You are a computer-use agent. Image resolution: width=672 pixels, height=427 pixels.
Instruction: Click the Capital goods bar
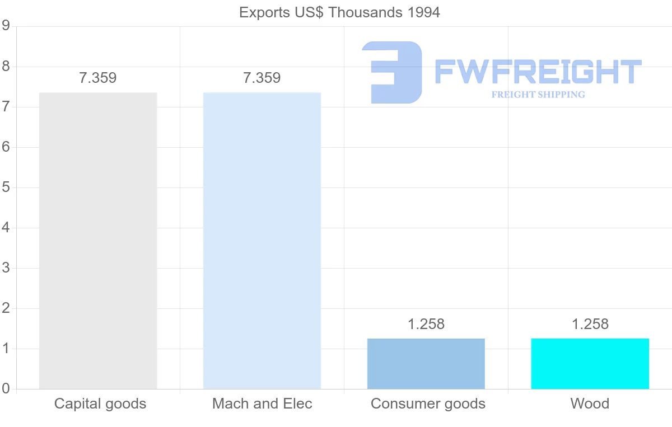click(x=98, y=241)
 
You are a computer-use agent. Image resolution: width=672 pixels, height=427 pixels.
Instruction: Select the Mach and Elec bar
click(x=262, y=241)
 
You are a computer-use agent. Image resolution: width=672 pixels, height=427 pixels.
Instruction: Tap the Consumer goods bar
click(x=426, y=364)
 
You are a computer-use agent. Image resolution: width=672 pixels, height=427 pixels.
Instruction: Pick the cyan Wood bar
click(x=590, y=364)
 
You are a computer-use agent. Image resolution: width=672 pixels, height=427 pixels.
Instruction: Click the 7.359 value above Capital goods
click(x=98, y=78)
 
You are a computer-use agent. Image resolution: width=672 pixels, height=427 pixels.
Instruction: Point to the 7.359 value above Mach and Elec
click(x=262, y=78)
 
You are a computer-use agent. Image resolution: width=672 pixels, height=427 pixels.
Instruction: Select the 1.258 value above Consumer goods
click(x=426, y=324)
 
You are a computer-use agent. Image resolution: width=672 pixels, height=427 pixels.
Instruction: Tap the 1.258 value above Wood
click(x=590, y=324)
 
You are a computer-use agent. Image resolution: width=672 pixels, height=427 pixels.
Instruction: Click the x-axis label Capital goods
click(x=100, y=403)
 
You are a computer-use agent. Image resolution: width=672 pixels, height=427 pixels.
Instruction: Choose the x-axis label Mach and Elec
click(x=262, y=403)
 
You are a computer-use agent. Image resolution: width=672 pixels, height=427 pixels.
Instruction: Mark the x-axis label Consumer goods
click(x=428, y=403)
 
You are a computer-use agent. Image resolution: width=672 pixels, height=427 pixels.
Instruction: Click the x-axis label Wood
click(x=590, y=403)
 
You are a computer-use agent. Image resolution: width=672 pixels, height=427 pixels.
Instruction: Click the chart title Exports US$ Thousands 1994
click(x=339, y=12)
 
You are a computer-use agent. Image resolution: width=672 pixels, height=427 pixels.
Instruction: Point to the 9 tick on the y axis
click(x=6, y=26)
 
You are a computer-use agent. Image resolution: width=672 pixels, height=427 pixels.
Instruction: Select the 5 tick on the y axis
click(x=6, y=187)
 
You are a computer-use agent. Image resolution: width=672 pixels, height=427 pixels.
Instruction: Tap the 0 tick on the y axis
click(x=6, y=389)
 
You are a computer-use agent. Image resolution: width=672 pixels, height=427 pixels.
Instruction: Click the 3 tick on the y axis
click(x=6, y=268)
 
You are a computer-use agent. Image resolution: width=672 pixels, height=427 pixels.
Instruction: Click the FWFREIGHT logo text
click(x=538, y=72)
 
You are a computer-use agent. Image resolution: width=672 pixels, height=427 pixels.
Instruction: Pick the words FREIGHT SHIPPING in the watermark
click(x=538, y=95)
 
